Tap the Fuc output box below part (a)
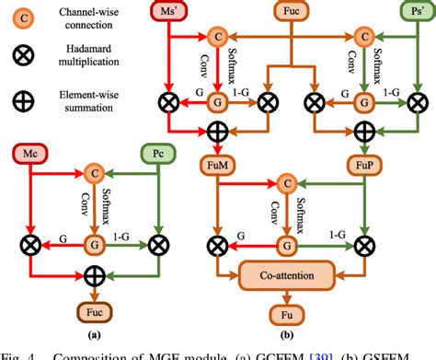[93, 307]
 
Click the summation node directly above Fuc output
[93, 275]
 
